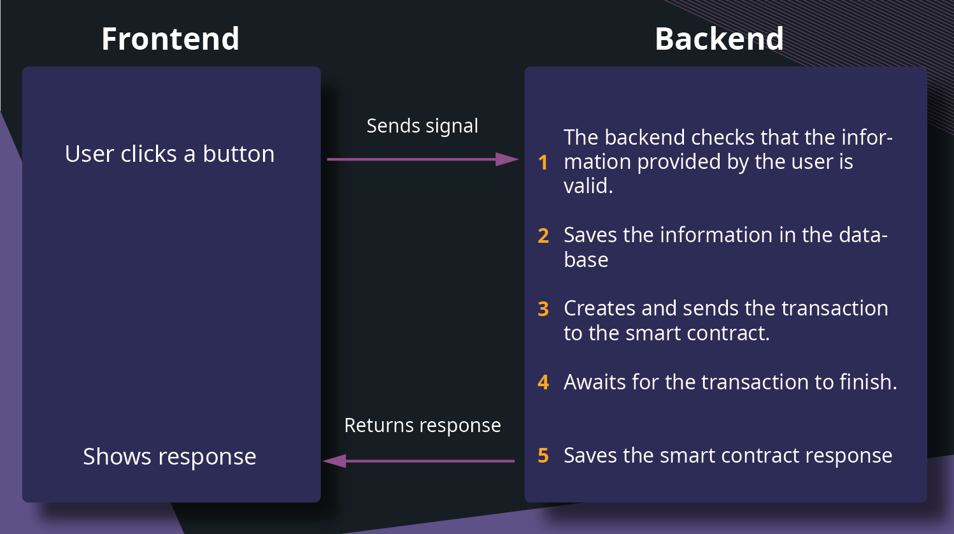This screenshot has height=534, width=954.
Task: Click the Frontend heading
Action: coord(170,39)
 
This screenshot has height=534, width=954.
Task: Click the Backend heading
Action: coord(719,39)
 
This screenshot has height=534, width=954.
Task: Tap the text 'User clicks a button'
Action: coord(169,154)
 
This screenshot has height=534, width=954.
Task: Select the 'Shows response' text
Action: coord(169,457)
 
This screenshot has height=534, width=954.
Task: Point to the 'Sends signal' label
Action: coord(422,126)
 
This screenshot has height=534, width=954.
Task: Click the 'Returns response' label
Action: coord(422,426)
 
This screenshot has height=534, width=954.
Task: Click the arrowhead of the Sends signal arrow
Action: coord(508,159)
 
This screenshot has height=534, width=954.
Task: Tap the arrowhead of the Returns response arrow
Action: coord(335,461)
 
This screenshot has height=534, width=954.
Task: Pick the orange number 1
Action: coord(543,162)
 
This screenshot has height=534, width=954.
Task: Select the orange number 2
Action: coord(543,236)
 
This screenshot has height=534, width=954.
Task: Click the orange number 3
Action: coord(543,309)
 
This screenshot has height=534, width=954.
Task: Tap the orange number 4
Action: coord(543,382)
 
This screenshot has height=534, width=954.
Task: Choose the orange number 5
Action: coord(543,456)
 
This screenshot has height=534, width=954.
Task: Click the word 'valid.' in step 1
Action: coord(588,186)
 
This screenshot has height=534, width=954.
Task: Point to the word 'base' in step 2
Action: coord(586,260)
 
